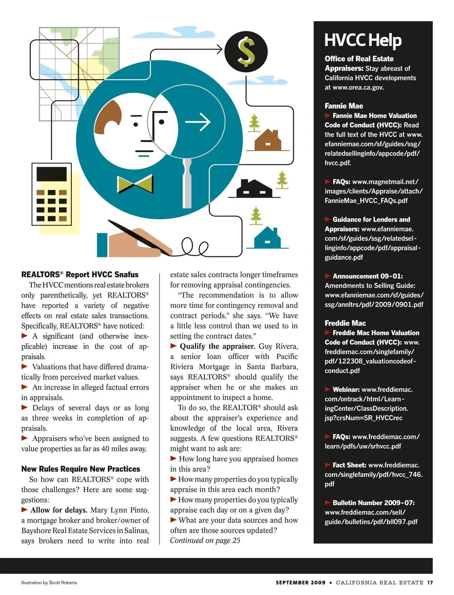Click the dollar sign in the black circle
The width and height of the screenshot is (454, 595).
coord(246,51)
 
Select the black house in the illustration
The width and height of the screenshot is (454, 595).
coord(254,188)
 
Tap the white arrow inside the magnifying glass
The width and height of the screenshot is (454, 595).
coord(198,122)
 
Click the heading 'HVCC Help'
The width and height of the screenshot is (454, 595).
coord(363,41)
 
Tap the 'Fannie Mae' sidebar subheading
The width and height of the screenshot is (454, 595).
coord(344,106)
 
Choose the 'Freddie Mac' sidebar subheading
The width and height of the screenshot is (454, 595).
coord(345,323)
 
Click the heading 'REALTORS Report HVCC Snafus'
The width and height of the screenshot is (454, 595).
coord(80,274)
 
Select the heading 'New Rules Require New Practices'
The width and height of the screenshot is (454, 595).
coord(80,469)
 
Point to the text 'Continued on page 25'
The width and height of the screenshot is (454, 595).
coord(205,540)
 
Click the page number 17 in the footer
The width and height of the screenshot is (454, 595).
coord(430,582)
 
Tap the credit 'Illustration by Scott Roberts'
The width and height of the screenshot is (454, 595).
coord(49,582)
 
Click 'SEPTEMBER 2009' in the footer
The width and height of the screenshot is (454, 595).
coord(300,582)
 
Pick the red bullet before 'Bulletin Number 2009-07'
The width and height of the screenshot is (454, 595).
coord(328,502)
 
